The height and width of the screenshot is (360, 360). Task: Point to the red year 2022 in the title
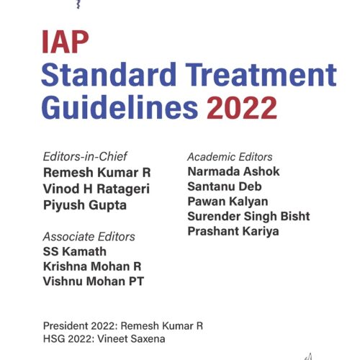click(242, 108)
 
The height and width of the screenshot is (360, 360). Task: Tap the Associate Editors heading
click(89, 236)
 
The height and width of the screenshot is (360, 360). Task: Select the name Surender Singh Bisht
click(248, 217)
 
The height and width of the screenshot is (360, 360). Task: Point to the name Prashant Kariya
click(232, 232)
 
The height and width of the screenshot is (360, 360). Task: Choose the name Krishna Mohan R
click(91, 266)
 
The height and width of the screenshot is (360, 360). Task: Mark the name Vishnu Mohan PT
click(93, 282)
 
